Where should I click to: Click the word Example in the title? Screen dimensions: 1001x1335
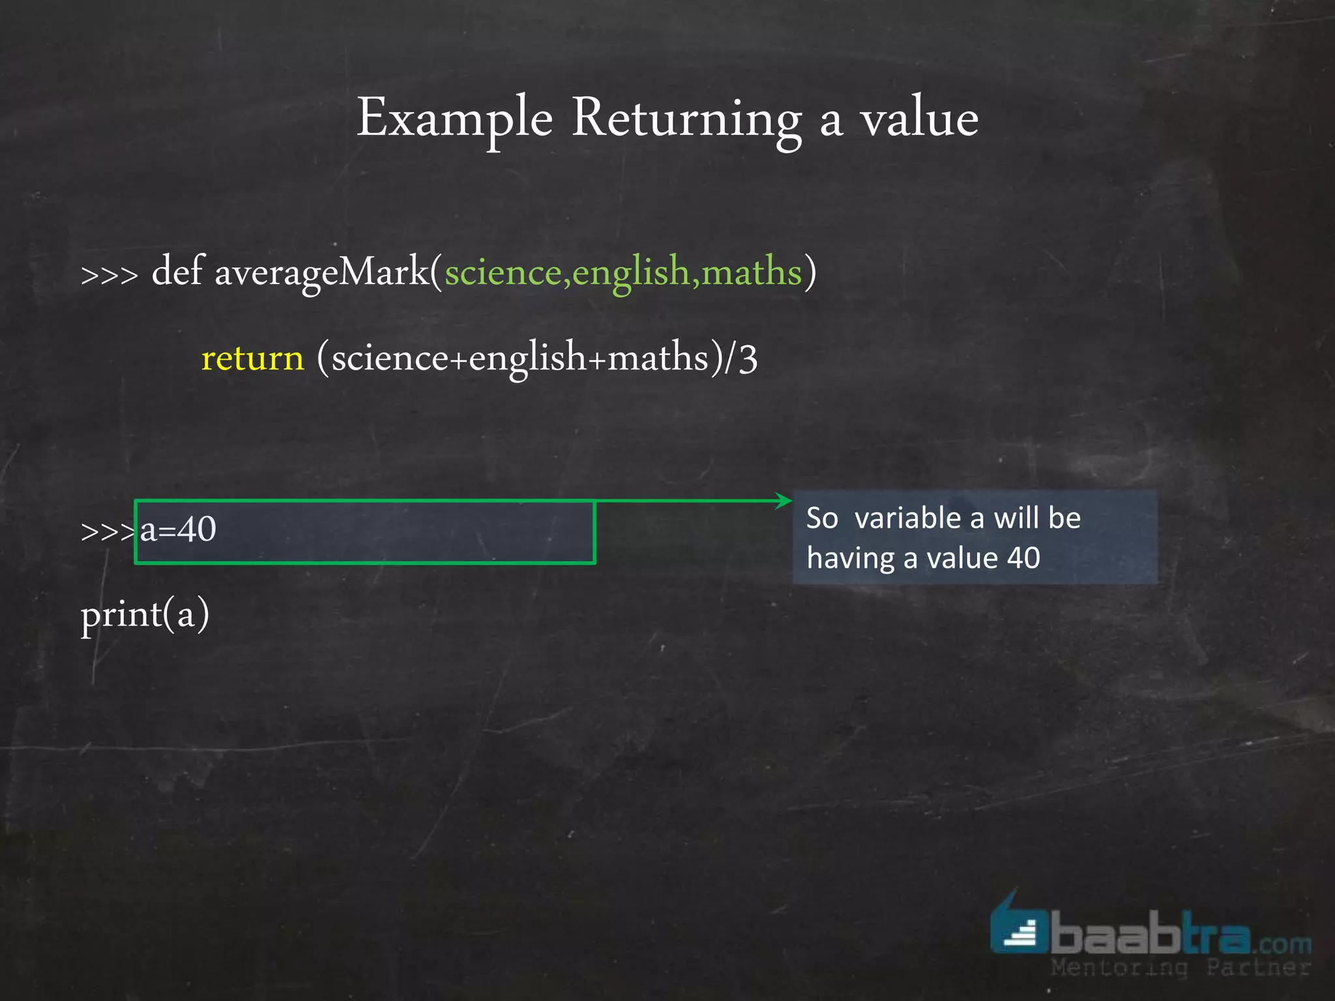tap(454, 119)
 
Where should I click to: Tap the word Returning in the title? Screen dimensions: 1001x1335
tap(686, 119)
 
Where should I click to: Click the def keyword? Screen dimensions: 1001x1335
tap(177, 271)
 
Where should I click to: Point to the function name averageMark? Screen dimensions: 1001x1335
tap(322, 272)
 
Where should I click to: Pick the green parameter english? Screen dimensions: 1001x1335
tap(631, 272)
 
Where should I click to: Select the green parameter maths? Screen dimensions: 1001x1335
tap(752, 271)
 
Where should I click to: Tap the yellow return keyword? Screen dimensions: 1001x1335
tap(253, 358)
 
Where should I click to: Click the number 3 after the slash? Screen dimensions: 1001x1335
tap(748, 358)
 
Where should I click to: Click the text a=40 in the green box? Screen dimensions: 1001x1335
tap(178, 529)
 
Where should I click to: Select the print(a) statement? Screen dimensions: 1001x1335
tap(145, 615)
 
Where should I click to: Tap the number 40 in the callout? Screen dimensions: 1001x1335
tap(1023, 559)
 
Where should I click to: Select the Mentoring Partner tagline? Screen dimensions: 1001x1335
tap(1180, 968)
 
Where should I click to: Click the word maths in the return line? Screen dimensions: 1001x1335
tap(657, 358)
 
